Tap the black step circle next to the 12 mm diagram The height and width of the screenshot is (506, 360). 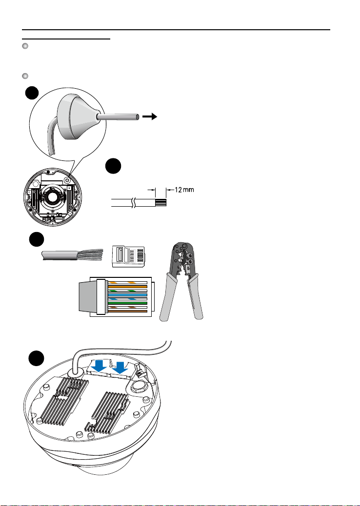coord(114,167)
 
